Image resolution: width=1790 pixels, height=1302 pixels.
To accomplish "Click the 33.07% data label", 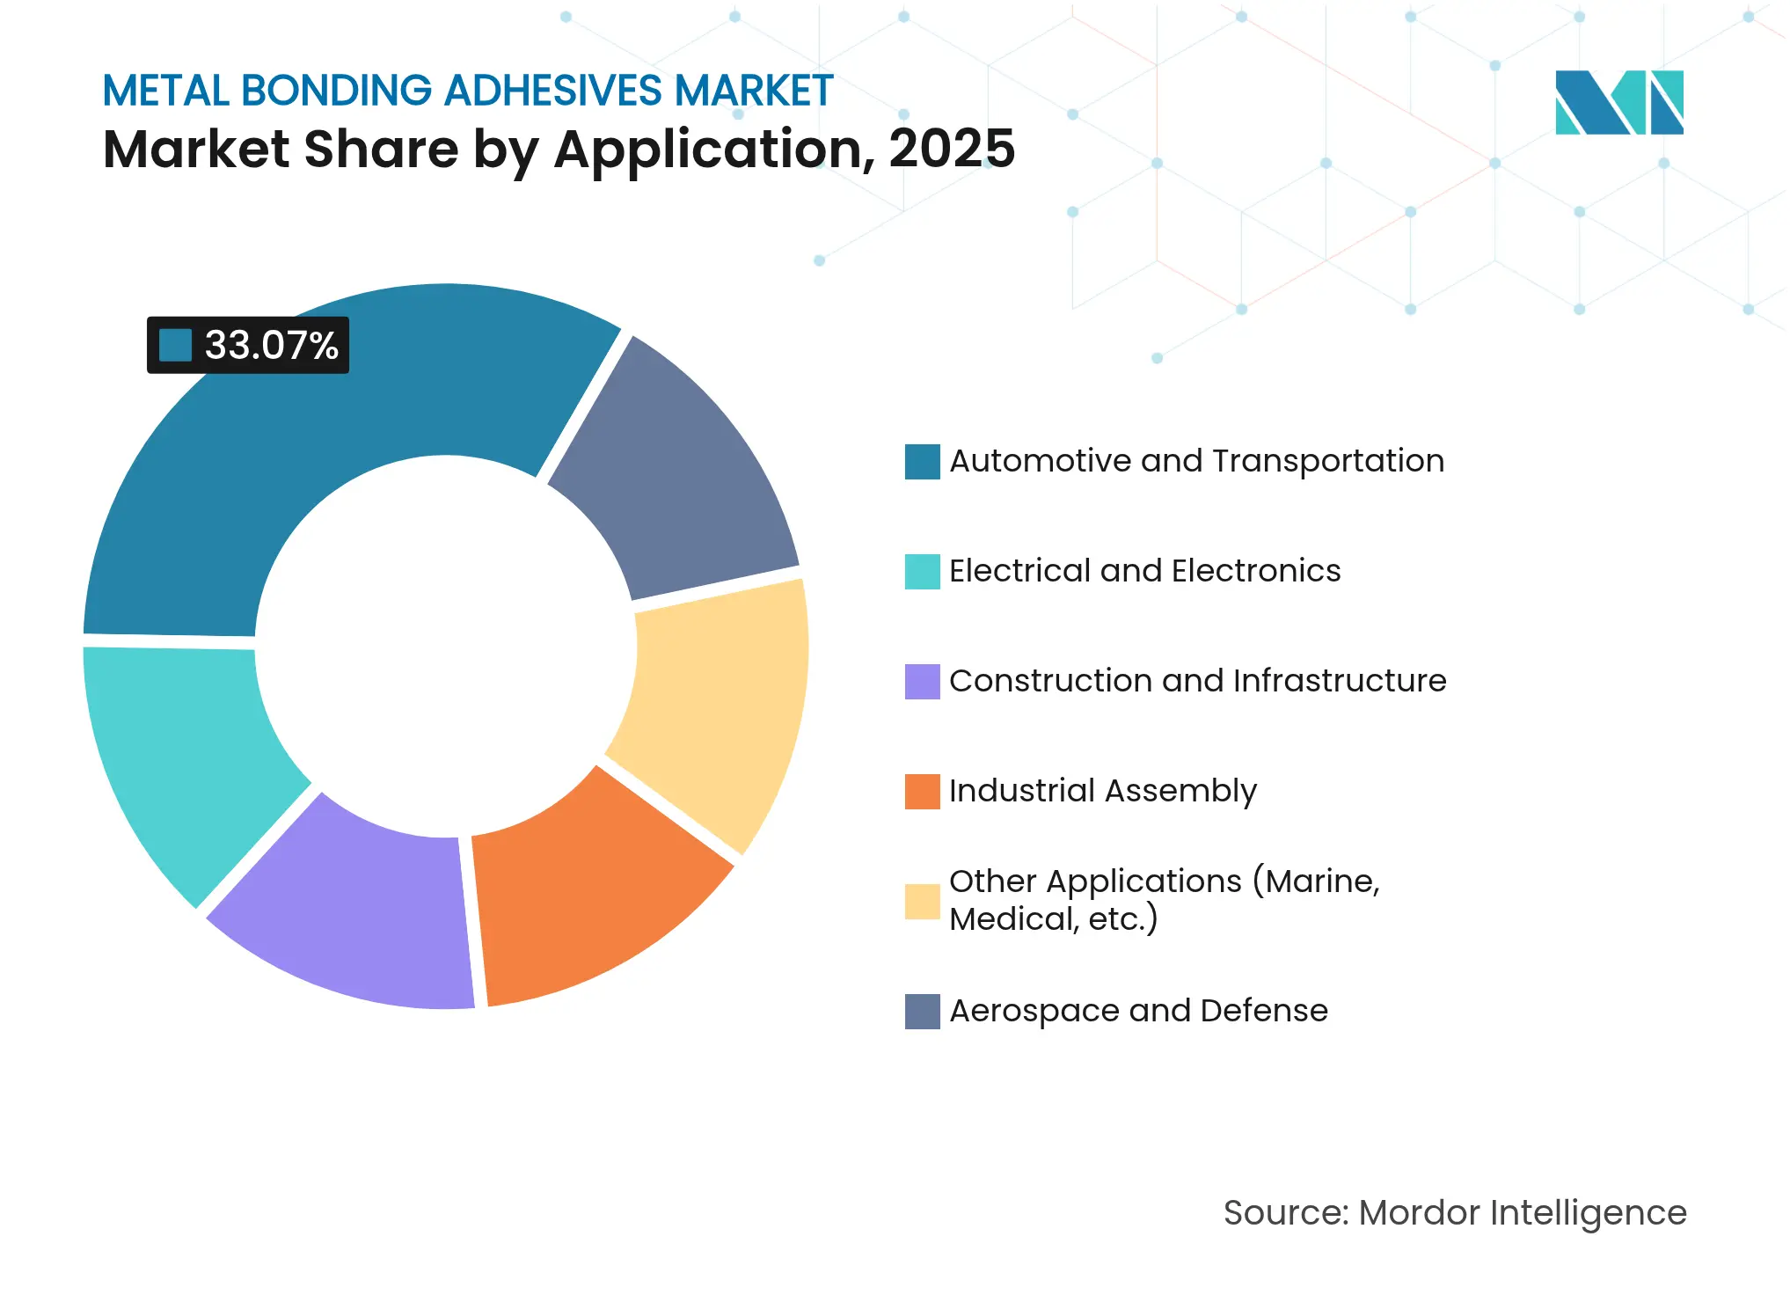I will (x=271, y=346).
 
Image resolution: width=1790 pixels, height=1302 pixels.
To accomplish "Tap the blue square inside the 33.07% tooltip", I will (x=175, y=346).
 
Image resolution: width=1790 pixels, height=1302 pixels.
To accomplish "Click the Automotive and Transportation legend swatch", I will (x=922, y=462).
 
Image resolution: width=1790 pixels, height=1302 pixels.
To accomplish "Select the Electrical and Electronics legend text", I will (x=1144, y=571).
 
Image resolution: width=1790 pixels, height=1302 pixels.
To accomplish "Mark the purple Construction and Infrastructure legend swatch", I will (x=922, y=682).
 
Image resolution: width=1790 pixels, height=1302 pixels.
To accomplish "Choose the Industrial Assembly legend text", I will (x=1103, y=791).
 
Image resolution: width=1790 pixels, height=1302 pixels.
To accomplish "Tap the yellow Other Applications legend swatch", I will (x=922, y=901).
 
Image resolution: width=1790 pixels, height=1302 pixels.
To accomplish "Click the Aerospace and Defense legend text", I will (x=1138, y=1011).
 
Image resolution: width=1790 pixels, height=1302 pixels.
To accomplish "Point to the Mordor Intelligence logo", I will (x=1618, y=102).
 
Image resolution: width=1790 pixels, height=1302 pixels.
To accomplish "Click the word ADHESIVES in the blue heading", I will (x=552, y=91).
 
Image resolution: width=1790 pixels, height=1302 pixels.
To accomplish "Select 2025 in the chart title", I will (x=952, y=149).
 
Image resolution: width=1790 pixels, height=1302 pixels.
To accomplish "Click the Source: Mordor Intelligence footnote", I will (x=1455, y=1213).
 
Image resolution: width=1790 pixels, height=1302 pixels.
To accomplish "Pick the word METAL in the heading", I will (x=166, y=91).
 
